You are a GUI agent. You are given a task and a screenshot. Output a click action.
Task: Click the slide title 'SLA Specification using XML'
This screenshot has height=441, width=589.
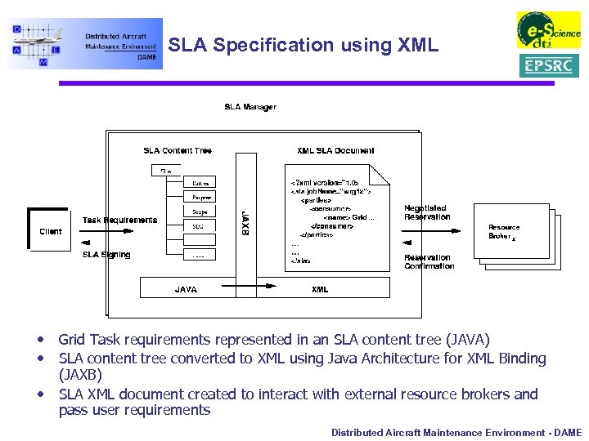pos(303,45)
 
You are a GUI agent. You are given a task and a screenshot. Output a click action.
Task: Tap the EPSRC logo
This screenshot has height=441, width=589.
pos(548,65)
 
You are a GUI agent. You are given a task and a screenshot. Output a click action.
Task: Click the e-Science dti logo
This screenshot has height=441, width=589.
pos(547,30)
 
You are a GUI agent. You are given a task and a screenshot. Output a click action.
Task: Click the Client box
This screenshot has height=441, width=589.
pos(51,231)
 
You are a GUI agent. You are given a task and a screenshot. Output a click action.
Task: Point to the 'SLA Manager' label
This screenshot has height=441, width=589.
pos(250,107)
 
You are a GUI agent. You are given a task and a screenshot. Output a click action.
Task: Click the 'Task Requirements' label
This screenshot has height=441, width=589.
pos(119,220)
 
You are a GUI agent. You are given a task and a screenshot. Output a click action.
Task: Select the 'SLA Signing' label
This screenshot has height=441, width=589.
pos(106,255)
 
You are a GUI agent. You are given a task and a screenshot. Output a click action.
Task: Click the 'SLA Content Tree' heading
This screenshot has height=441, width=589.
pos(178,150)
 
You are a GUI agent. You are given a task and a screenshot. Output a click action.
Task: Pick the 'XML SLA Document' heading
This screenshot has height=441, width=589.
pos(335,150)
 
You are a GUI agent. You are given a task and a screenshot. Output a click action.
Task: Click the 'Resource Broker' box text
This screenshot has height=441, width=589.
pos(504,232)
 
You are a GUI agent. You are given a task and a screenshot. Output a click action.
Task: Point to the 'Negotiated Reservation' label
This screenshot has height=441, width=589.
pos(427,212)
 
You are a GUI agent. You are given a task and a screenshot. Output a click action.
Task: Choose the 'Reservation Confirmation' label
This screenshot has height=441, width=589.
pos(429,261)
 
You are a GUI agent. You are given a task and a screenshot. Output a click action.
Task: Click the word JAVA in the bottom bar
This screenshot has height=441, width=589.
pos(186,289)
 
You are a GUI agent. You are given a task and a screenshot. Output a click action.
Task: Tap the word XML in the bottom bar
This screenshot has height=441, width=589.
pos(320,289)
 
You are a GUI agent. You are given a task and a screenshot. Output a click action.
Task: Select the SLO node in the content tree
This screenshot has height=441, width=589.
pos(199,225)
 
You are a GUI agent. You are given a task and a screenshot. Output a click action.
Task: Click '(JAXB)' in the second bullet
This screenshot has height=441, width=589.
pos(80,375)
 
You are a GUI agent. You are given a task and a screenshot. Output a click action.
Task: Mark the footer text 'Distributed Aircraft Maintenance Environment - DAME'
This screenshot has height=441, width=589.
pos(456,432)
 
